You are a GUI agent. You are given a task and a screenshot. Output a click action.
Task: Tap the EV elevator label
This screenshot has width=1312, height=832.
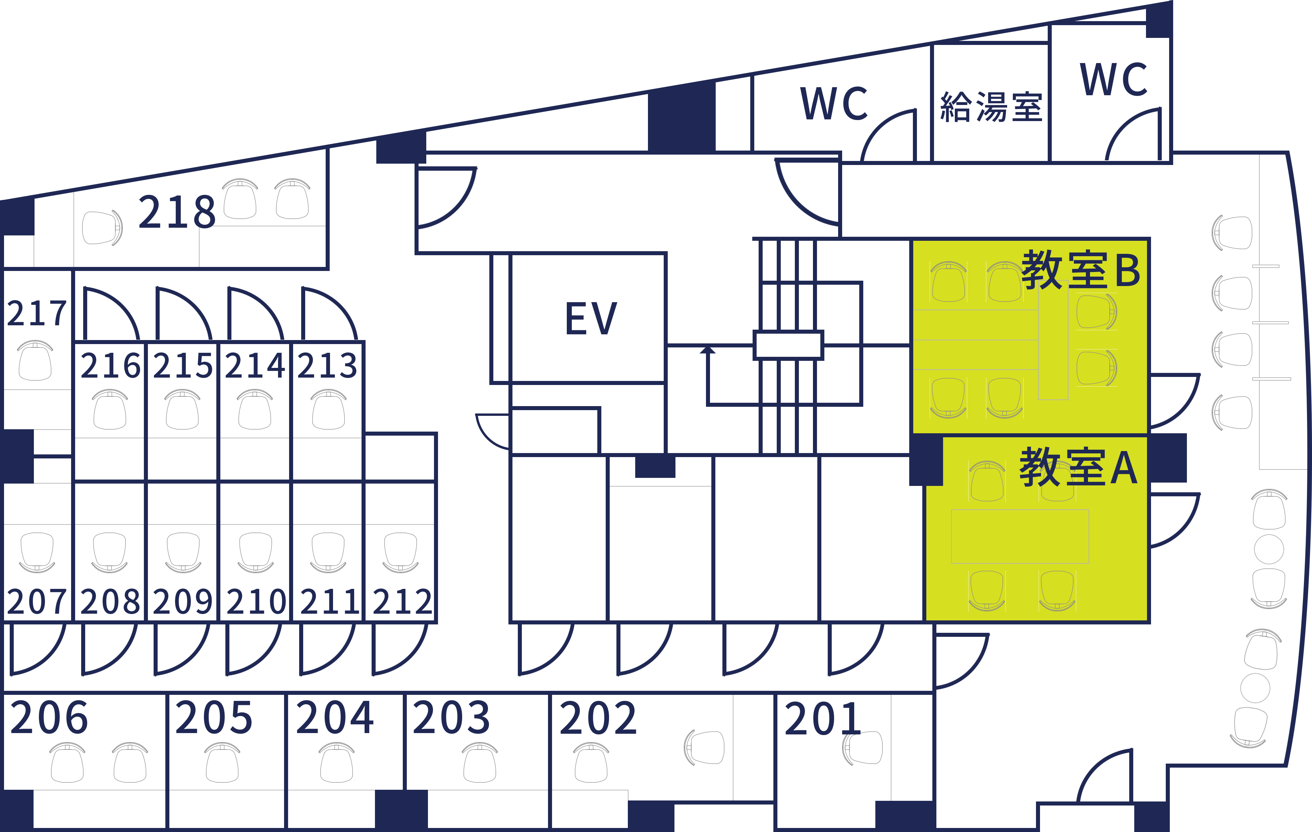(x=591, y=318)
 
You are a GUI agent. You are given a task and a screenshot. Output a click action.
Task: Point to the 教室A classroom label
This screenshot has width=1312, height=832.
(x=1079, y=467)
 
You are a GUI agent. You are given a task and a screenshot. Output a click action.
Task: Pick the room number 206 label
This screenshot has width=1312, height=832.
(x=49, y=717)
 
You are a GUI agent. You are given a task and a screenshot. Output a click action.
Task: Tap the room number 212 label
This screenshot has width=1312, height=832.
(x=402, y=602)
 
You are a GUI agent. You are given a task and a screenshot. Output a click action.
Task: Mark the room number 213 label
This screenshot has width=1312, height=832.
(x=327, y=365)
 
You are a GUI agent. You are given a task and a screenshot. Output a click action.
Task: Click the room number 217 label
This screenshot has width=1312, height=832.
(x=37, y=313)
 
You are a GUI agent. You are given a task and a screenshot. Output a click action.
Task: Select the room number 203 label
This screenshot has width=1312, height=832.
(x=451, y=717)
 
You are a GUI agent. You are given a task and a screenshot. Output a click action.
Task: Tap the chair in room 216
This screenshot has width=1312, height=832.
(x=110, y=410)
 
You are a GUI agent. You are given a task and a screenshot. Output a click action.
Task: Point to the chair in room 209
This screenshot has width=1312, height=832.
(x=183, y=552)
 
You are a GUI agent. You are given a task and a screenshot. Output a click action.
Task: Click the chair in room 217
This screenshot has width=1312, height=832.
(x=35, y=361)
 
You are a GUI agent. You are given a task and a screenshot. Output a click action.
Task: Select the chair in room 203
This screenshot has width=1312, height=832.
(x=480, y=763)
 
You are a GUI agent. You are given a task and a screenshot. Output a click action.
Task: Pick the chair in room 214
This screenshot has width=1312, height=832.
(x=255, y=410)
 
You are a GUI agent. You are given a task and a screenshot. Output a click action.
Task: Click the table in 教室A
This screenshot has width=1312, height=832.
(x=1020, y=537)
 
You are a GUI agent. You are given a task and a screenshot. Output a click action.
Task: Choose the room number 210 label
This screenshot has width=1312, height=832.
(x=256, y=602)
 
